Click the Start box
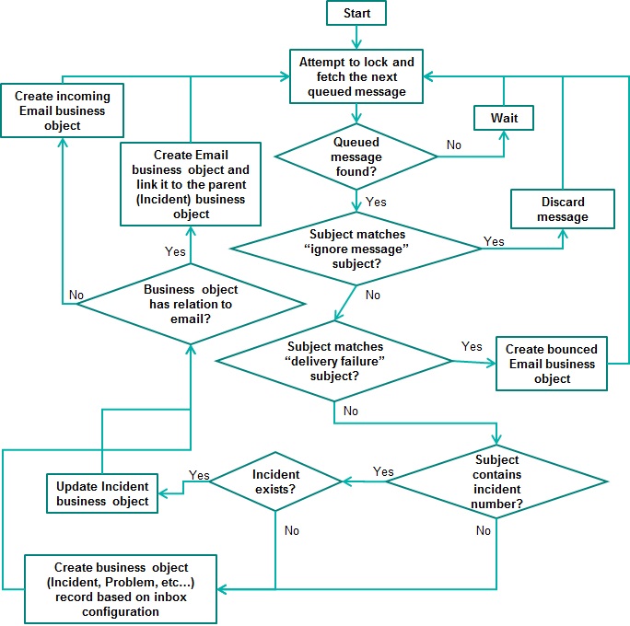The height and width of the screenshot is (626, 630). tap(356, 13)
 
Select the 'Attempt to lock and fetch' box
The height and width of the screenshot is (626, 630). tap(356, 77)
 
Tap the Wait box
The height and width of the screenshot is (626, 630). tap(504, 119)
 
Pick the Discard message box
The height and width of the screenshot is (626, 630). tap(563, 210)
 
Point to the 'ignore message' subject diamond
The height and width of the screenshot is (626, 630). tap(356, 249)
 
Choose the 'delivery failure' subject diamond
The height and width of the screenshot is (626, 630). tap(334, 361)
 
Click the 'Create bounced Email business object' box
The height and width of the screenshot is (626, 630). tap(552, 364)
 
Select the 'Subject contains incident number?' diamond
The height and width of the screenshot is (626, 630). tap(497, 482)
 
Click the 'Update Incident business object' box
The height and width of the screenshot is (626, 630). tap(102, 493)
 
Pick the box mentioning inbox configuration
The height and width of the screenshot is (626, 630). tap(121, 589)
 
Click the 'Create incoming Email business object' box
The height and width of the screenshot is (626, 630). tap(62, 110)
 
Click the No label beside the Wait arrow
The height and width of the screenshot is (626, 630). tap(454, 145)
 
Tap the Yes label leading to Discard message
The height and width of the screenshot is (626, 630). tap(494, 241)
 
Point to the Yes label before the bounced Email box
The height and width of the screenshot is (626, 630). tap(471, 347)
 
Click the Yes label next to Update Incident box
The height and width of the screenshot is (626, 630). tap(199, 475)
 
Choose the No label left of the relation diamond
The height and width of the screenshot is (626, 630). tap(76, 296)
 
